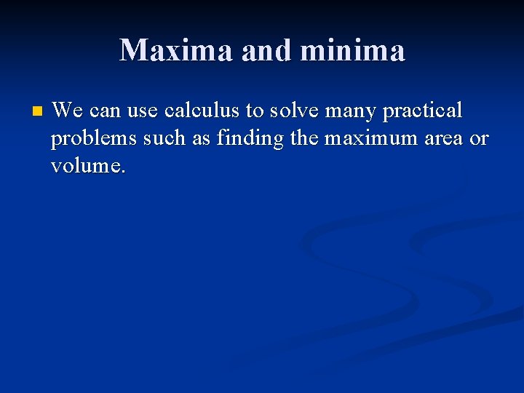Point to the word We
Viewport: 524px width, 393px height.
[x=68, y=111]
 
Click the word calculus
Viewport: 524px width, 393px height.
[x=203, y=111]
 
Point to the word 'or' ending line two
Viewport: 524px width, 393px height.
[x=480, y=139]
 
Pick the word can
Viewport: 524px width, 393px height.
[x=106, y=111]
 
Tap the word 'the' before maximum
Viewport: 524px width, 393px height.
[x=304, y=138]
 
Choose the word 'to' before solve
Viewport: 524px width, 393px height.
[x=254, y=111]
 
